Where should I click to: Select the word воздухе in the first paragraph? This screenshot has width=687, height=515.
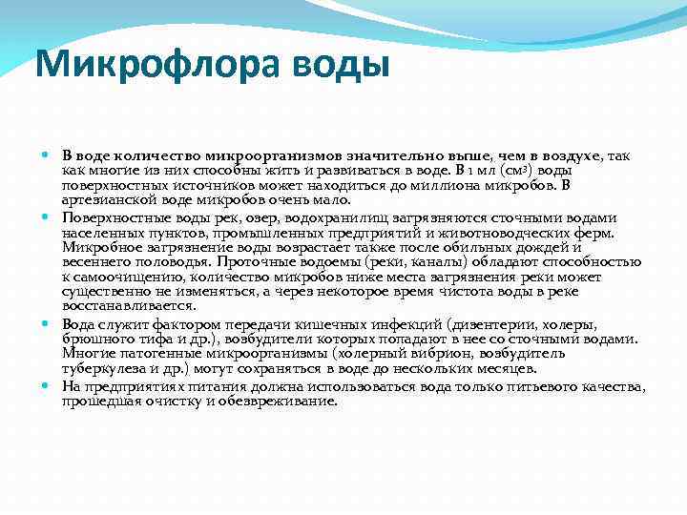[x=586, y=155]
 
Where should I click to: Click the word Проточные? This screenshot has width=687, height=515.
[x=256, y=261]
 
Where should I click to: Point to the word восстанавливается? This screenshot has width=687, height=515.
[x=123, y=306]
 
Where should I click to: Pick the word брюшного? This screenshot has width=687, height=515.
[x=94, y=339]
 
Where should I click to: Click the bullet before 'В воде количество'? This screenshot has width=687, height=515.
[x=48, y=155]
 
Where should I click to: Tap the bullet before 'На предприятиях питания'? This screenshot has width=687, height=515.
[x=48, y=386]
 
